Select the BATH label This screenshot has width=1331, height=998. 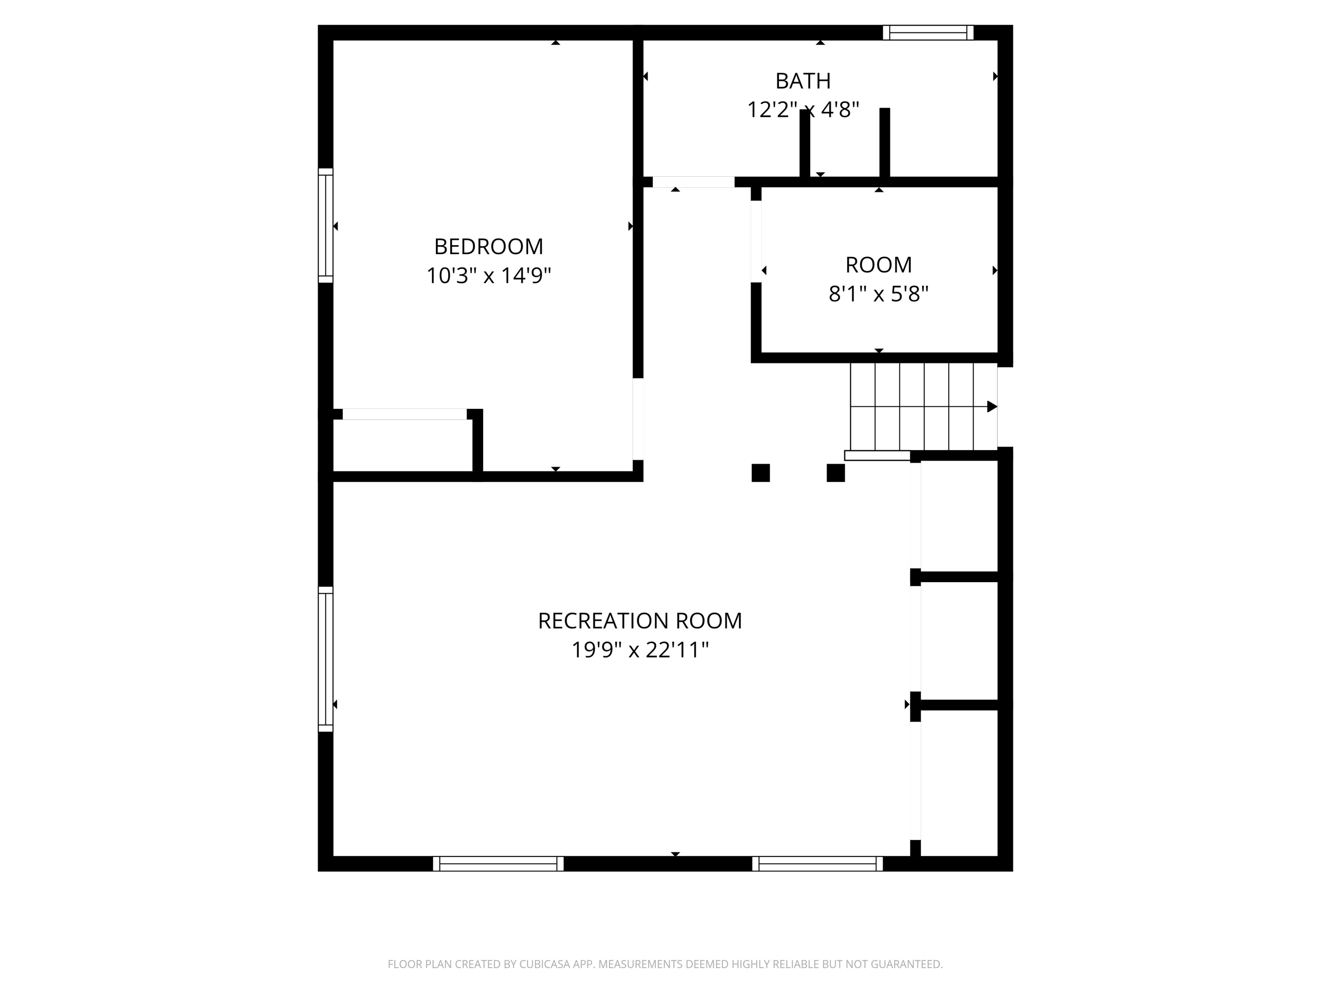803,81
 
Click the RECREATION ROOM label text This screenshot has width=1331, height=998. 639,621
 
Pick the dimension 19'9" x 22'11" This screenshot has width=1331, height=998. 639,650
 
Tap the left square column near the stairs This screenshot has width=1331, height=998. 760,473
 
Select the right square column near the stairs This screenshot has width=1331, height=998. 835,473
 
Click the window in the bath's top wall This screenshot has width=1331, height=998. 928,32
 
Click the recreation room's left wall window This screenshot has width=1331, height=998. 325,659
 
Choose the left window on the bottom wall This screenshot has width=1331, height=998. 498,864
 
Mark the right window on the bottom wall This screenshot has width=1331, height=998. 817,864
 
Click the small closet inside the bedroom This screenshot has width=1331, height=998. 403,445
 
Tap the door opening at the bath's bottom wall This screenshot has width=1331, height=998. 693,181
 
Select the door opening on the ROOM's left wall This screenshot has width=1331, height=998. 756,241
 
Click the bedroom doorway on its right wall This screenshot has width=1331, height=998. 638,419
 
